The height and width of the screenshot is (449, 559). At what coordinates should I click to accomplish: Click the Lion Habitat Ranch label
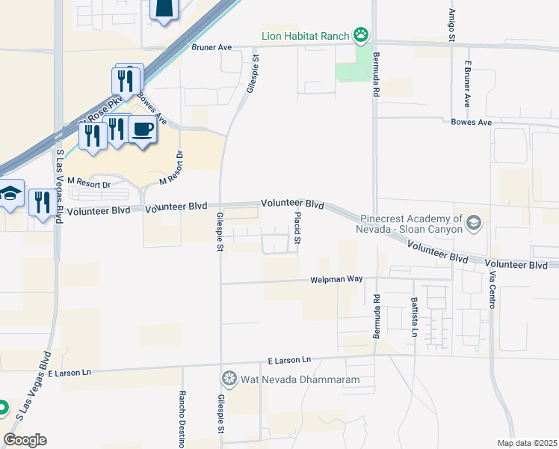click(305, 34)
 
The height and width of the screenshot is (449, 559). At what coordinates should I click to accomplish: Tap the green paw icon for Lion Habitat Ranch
click(362, 34)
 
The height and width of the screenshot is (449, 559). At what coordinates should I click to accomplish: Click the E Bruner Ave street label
click(468, 85)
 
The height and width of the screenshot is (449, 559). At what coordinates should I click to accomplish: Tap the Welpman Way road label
click(336, 279)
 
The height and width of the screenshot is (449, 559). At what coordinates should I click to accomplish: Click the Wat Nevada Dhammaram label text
click(300, 379)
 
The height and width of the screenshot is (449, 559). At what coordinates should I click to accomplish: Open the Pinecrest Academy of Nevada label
click(410, 223)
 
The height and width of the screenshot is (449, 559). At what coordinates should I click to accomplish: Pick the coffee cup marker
click(143, 129)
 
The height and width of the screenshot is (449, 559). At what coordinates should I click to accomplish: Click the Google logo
click(25, 440)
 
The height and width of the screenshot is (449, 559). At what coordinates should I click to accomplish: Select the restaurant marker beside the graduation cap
click(40, 201)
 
